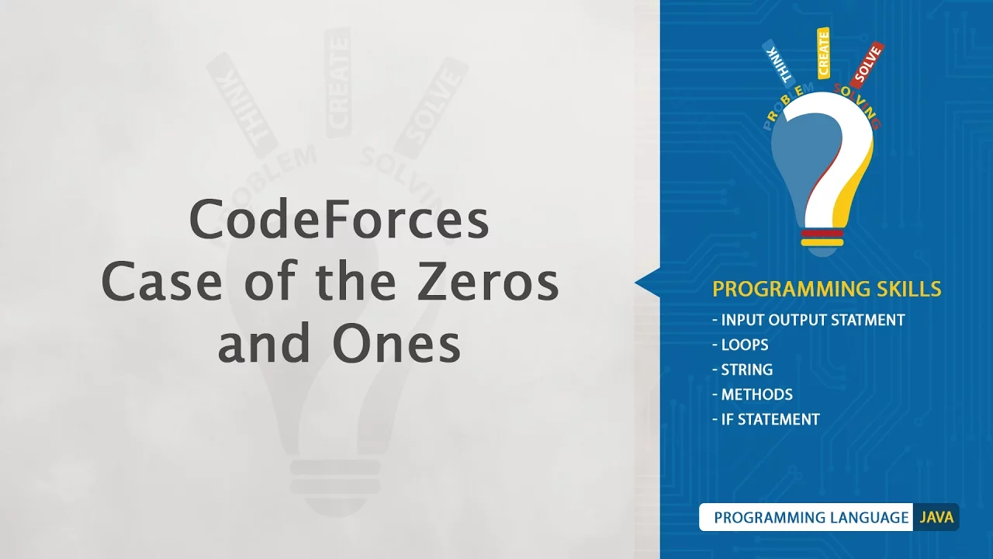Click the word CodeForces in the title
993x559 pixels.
[339, 220]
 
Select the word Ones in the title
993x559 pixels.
[396, 344]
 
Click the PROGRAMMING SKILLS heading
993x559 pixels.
[827, 289]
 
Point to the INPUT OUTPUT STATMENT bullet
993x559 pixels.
[808, 320]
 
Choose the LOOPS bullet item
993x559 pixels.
[740, 345]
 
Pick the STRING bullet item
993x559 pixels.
[742, 370]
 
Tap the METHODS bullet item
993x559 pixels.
[753, 394]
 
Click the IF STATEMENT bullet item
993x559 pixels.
[766, 419]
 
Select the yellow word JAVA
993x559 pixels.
[936, 517]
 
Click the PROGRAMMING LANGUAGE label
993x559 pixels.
[811, 517]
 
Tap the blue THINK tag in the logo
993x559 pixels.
[778, 61]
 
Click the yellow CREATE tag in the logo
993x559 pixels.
[823, 54]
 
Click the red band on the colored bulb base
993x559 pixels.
[822, 234]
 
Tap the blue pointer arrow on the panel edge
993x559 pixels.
[648, 283]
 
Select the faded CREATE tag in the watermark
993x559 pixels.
[338, 82]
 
